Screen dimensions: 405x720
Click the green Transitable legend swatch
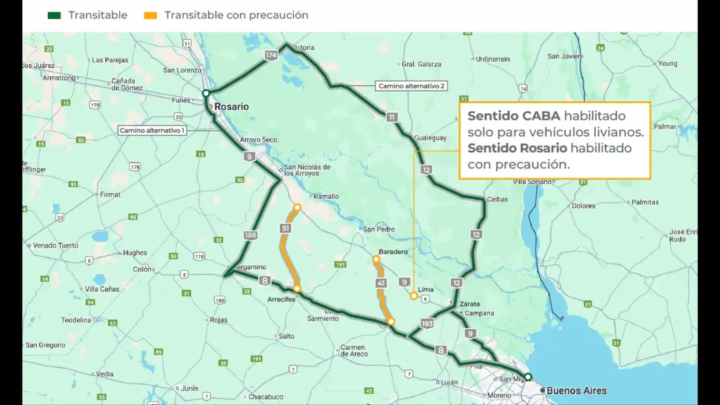(54, 15)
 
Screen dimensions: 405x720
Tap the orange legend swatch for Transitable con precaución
(150, 15)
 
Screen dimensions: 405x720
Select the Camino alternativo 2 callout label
(411, 86)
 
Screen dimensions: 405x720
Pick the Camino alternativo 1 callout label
(152, 130)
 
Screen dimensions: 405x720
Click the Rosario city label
(231, 107)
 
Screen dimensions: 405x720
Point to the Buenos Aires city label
(576, 391)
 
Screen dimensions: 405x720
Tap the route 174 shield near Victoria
(271, 55)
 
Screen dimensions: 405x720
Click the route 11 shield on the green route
(392, 117)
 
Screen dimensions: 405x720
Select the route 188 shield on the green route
(250, 235)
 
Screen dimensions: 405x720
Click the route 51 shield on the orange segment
(286, 228)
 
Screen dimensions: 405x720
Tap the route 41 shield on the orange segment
(381, 283)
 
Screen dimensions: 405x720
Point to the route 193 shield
(427, 323)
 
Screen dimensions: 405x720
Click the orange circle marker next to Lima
(414, 296)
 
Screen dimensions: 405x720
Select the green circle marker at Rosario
(206, 93)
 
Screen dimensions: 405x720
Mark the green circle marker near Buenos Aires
(528, 377)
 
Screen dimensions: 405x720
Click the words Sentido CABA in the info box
(514, 116)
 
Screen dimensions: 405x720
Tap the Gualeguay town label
(430, 138)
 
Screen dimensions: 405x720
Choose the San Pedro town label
(379, 229)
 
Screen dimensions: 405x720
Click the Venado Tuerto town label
(55, 245)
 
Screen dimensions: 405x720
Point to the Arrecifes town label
(281, 299)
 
